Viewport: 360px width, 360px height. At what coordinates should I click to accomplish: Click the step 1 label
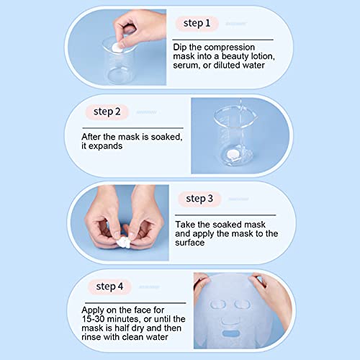tap(197, 24)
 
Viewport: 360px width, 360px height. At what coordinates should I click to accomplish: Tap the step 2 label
tap(112, 112)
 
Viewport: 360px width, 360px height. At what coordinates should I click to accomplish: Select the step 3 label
tap(199, 199)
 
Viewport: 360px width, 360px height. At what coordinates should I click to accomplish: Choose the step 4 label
tap(109, 287)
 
